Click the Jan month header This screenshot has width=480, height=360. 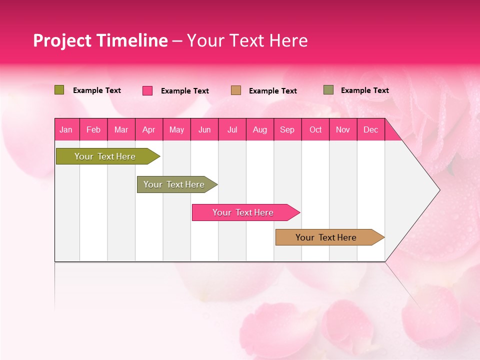[66, 129]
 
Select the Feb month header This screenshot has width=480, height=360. [93, 129]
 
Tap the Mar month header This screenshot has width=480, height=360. [121, 129]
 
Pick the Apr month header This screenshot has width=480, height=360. [149, 129]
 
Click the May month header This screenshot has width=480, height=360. [176, 129]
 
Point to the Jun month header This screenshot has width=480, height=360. [204, 129]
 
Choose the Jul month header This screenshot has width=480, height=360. [232, 129]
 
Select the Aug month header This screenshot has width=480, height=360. [260, 129]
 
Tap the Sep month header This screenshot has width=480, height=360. [287, 129]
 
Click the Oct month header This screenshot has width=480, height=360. [315, 129]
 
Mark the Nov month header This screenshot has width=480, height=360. [343, 129]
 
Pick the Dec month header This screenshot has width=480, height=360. [371, 129]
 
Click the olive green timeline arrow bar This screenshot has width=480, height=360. [105, 156]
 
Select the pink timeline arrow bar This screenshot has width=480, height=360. [243, 212]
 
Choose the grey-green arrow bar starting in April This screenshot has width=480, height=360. [174, 184]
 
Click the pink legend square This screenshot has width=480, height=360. [147, 90]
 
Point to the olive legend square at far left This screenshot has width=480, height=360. [59, 90]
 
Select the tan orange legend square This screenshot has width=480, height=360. [236, 90]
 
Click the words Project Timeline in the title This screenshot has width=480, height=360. [100, 40]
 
